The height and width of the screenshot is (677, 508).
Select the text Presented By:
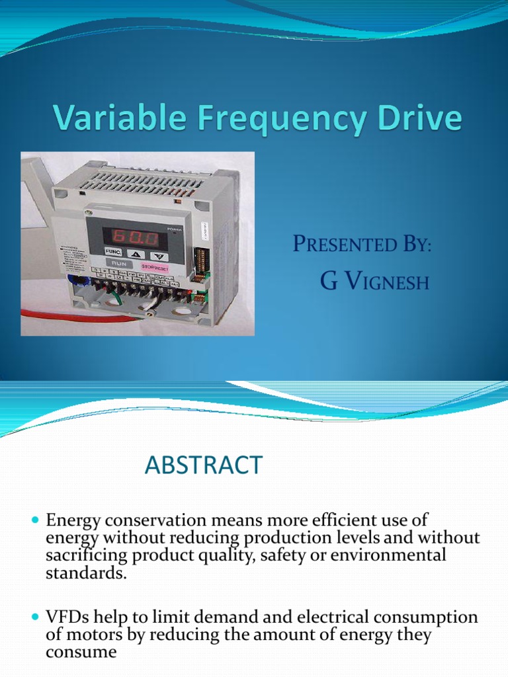(362, 244)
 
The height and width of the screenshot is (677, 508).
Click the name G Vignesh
(374, 282)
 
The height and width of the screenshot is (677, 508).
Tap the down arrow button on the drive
(157, 255)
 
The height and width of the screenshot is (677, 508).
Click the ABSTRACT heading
(204, 465)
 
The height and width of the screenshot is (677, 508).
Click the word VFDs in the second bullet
(67, 617)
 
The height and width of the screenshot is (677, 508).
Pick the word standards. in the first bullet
(85, 573)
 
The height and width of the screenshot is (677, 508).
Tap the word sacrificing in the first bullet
(86, 555)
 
